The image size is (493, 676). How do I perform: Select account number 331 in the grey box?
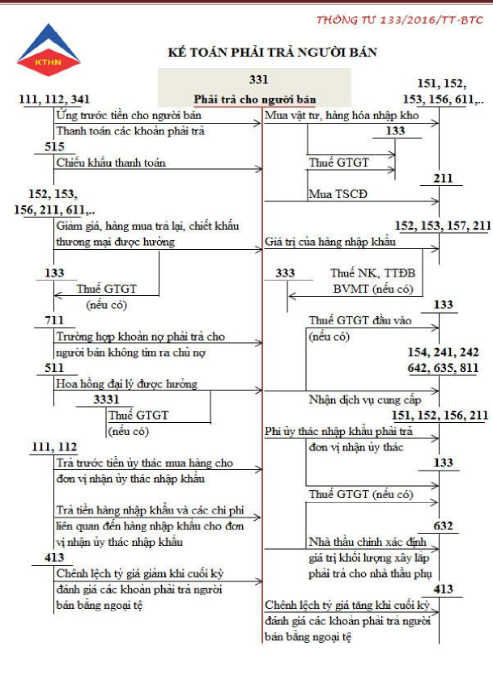coord(259,79)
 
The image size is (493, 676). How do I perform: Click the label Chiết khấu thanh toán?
coord(111,163)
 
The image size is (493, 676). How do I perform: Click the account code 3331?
coord(106,399)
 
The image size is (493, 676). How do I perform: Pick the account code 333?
coord(285,273)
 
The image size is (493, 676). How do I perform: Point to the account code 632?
coord(443,526)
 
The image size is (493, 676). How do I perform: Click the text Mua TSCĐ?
coord(333,194)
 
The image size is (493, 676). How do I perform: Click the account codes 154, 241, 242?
coord(448,353)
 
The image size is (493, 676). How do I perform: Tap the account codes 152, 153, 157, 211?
coord(442,225)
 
